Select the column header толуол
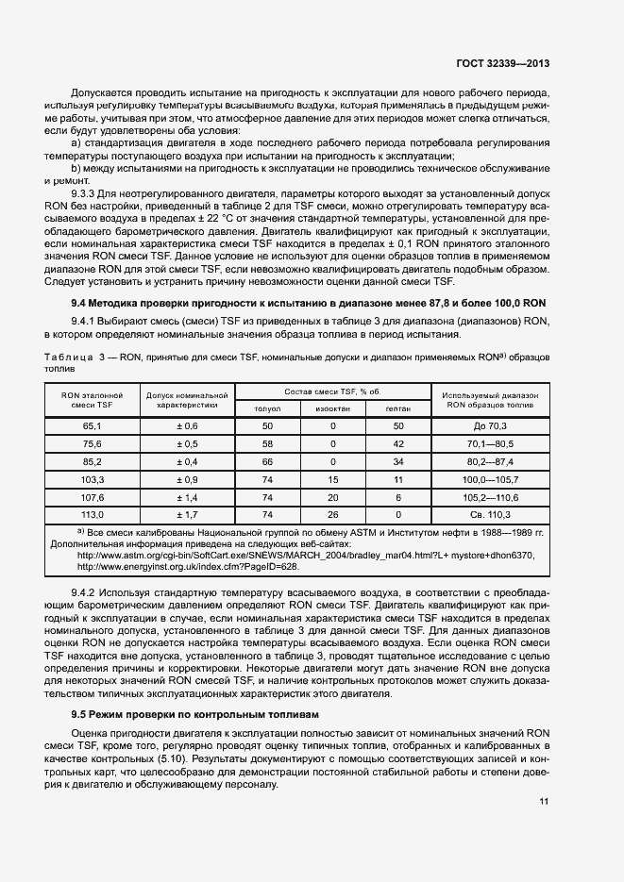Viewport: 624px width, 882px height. click(x=267, y=408)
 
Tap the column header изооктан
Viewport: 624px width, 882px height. click(x=332, y=408)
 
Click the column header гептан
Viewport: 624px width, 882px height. click(x=398, y=408)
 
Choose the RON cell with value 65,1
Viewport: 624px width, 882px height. click(x=92, y=426)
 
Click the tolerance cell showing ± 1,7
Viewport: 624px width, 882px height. click(x=187, y=515)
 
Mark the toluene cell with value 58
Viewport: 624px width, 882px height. click(x=267, y=444)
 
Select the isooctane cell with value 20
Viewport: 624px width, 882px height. click(x=332, y=497)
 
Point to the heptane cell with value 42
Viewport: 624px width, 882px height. click(x=398, y=444)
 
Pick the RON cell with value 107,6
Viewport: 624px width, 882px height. click(x=92, y=497)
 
